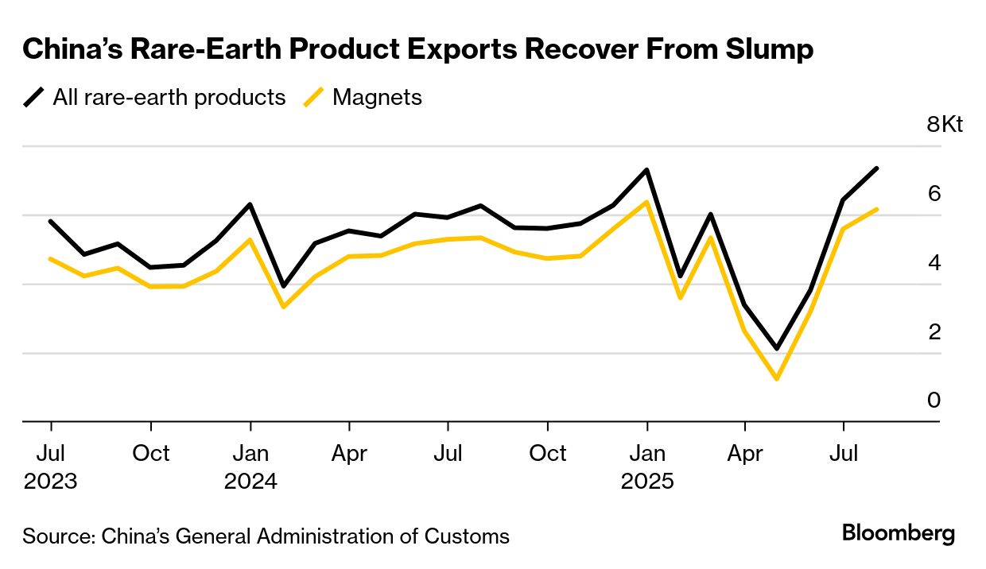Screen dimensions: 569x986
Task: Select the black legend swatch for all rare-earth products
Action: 34,98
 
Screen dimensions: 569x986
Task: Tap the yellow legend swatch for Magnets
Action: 314,98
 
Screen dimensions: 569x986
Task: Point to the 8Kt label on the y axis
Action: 945,125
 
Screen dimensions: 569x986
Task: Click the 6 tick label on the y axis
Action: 934,193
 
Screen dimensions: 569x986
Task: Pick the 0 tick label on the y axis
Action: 934,401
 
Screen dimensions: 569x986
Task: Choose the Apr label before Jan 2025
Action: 349,454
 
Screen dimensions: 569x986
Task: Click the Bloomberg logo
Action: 899,533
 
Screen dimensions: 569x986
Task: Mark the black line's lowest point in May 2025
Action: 776,348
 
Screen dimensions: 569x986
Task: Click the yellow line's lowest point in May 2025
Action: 776,378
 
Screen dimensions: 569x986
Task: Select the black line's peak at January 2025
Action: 647,170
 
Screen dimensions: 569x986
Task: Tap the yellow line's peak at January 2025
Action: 647,202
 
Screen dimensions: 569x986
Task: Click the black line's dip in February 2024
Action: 283,286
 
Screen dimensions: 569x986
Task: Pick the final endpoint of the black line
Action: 876,168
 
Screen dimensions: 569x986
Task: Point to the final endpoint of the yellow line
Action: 876,210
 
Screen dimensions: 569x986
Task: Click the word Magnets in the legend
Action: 377,98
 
